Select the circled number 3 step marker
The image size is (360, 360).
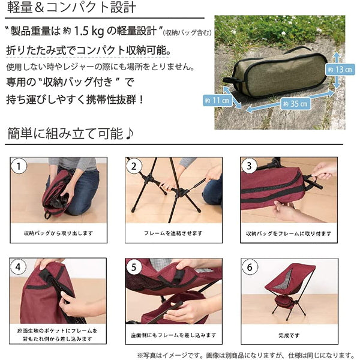(248, 165)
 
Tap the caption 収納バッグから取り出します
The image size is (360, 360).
(58, 233)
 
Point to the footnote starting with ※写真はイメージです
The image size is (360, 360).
(245, 354)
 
